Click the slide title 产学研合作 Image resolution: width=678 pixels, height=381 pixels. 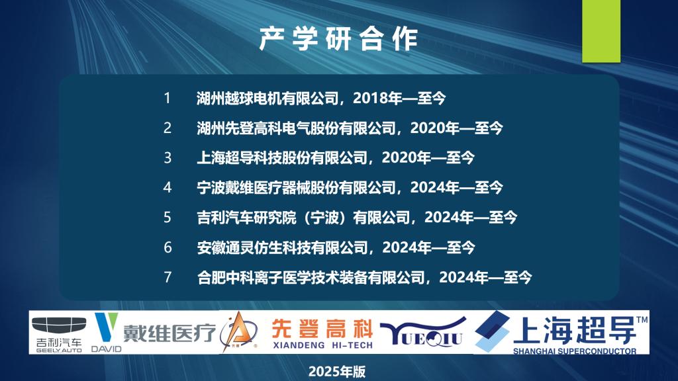(x=338, y=39)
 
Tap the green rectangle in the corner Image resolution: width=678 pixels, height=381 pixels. (x=601, y=31)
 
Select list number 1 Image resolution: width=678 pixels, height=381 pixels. (x=168, y=98)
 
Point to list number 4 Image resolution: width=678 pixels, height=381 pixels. (x=168, y=187)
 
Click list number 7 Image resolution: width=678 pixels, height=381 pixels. (x=168, y=277)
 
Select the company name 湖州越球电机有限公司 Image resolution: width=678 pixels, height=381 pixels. (x=267, y=99)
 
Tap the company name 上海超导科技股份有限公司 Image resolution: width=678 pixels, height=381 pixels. (x=281, y=157)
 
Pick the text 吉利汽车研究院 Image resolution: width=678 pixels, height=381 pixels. (x=246, y=217)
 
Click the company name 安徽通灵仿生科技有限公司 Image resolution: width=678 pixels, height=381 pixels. (x=282, y=247)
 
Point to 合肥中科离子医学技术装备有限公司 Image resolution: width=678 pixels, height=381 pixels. (x=311, y=277)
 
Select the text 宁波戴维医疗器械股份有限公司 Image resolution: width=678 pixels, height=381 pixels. (x=296, y=187)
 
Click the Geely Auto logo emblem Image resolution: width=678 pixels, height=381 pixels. (x=59, y=325)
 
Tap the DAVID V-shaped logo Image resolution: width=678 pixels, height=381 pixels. (x=107, y=327)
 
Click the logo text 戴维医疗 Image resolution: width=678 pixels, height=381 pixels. (x=169, y=333)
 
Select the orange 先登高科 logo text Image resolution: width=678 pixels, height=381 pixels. (x=322, y=329)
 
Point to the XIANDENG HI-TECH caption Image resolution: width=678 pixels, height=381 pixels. (x=322, y=345)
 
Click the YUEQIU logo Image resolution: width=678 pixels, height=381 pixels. (x=423, y=333)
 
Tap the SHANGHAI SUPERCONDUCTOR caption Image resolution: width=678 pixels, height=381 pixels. (x=575, y=351)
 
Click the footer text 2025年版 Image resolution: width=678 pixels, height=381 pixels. (x=337, y=372)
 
